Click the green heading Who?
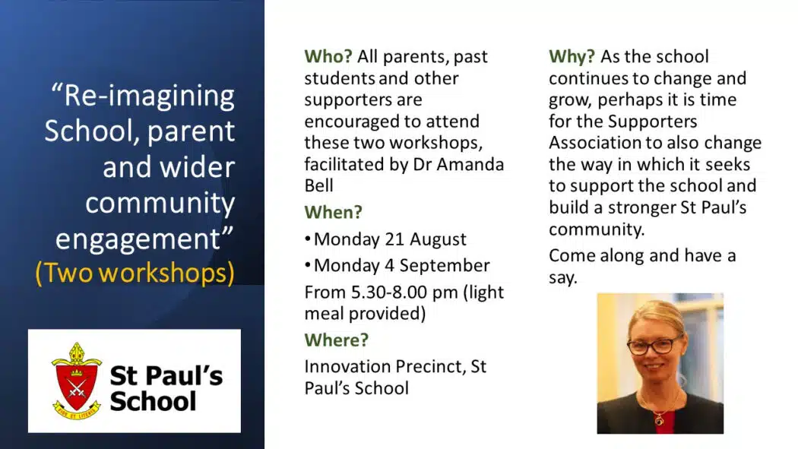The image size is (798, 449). (x=328, y=56)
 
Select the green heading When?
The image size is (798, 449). (x=334, y=212)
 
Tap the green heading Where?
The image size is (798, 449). (x=337, y=340)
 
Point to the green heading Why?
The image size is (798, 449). (x=572, y=56)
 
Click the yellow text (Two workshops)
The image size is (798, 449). (x=135, y=273)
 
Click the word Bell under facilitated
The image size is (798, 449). (x=318, y=185)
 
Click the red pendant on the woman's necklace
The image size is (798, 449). (x=660, y=420)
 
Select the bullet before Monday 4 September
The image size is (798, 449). (x=307, y=264)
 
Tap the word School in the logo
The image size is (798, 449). (x=153, y=401)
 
